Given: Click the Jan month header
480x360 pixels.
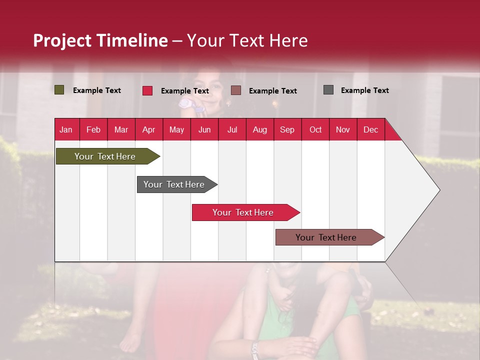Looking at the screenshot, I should click(66, 129).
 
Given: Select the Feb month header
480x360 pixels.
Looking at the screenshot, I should click(93, 129).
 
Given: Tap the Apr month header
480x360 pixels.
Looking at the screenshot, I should click(148, 129).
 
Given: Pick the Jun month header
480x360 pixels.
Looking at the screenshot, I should click(204, 129).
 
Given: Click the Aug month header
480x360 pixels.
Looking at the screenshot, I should click(259, 129).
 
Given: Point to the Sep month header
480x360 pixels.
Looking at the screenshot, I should click(287, 129).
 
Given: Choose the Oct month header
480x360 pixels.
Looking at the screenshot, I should click(315, 129).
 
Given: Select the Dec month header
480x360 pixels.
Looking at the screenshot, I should click(370, 129).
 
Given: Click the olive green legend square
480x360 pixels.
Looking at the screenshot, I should click(59, 90).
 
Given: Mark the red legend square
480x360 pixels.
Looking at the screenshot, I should click(147, 90).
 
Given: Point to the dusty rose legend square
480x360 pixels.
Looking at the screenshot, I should click(236, 90).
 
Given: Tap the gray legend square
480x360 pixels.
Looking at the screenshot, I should click(328, 90).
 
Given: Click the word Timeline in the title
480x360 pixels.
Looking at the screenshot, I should click(131, 40).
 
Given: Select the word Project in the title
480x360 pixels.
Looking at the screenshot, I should click(62, 40).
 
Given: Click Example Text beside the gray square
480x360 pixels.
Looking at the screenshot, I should click(364, 90).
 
